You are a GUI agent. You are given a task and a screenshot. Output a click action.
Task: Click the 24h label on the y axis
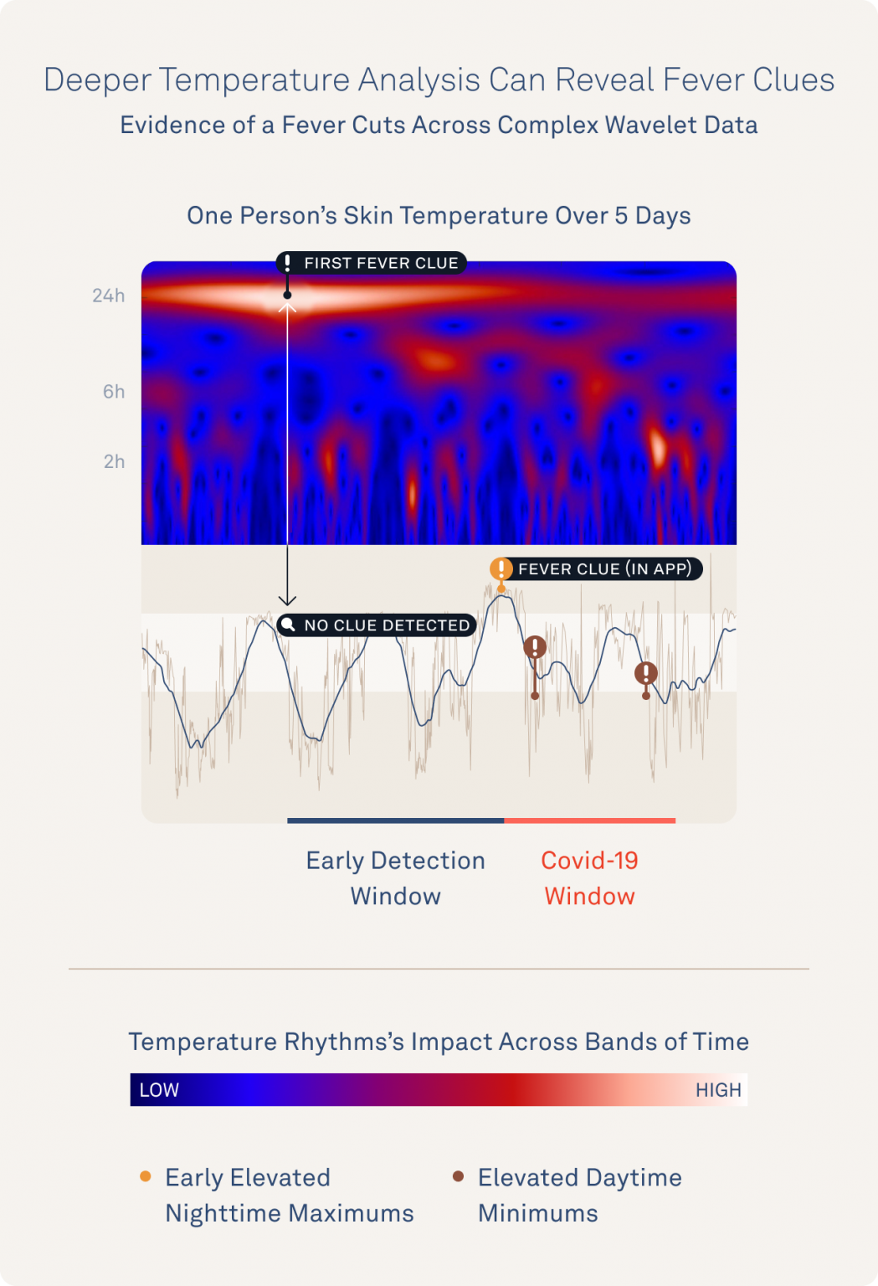[x=108, y=296]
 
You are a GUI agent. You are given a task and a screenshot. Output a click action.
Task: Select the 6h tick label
[x=114, y=392]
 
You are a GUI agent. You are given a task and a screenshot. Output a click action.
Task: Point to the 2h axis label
[x=114, y=462]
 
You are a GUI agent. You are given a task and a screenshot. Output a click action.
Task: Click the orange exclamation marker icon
[x=501, y=569]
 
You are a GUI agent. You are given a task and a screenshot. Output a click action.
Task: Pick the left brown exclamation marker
[x=535, y=647]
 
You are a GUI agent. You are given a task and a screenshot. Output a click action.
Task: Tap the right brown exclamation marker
[x=645, y=673]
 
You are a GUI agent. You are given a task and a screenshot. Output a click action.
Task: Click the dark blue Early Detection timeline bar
[x=395, y=820]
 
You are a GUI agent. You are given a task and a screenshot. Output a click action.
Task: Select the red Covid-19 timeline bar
[x=589, y=820]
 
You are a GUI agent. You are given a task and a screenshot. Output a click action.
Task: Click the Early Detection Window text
[x=395, y=878]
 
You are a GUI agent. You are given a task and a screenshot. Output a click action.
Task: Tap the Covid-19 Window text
[x=589, y=878]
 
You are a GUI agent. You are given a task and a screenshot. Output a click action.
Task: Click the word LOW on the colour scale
[x=159, y=1090]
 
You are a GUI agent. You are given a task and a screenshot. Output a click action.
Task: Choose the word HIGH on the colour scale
[x=718, y=1090]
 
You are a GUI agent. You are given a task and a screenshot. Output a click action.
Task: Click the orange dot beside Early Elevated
[x=146, y=1176]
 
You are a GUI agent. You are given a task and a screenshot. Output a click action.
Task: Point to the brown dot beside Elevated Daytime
[x=458, y=1176]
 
